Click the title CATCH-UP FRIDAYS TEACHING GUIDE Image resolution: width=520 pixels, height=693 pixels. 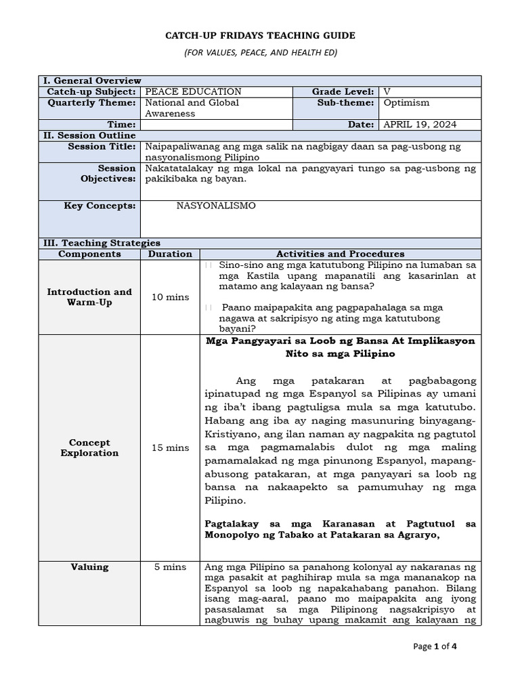[x=260, y=35]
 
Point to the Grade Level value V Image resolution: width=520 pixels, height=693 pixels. [x=387, y=91]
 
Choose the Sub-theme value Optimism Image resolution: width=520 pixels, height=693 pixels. [x=406, y=103]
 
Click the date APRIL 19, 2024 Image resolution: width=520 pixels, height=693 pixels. [x=420, y=125]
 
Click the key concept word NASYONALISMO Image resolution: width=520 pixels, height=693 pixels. [x=216, y=206]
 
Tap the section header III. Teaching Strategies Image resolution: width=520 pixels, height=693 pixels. [x=102, y=242]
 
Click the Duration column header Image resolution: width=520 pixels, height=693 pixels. [x=169, y=254]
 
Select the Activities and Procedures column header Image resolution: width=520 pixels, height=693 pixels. [x=340, y=254]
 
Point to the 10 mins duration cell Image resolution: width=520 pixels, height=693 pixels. [x=169, y=297]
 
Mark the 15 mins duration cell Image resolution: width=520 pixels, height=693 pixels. [x=169, y=447]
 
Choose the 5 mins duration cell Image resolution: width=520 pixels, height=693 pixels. [x=169, y=567]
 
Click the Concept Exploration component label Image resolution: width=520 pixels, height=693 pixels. [x=89, y=447]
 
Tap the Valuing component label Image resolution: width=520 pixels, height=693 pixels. [x=89, y=567]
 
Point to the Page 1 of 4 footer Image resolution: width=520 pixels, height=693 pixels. [x=435, y=646]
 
